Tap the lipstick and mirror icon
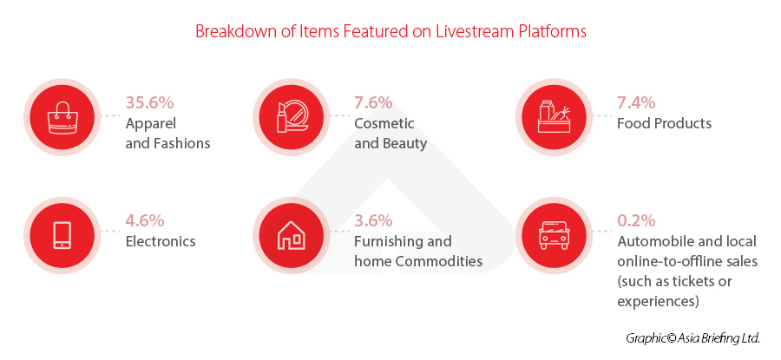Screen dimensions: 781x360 [x=292, y=116]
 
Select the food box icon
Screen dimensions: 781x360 [x=555, y=116]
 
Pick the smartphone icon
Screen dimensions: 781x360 [x=62, y=234]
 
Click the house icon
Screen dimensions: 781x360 [x=292, y=234]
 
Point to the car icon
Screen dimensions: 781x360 [x=555, y=234]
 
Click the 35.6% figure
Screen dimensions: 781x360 [x=149, y=102]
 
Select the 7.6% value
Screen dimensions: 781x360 [x=373, y=102]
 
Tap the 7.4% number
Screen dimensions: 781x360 [x=636, y=102]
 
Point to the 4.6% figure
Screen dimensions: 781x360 [x=145, y=220]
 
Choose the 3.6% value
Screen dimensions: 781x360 [x=373, y=220]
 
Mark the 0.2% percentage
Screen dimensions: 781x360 [x=636, y=220]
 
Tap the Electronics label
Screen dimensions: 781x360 [x=161, y=241]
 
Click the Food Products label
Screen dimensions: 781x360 [x=665, y=123]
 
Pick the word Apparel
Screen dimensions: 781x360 [x=151, y=124]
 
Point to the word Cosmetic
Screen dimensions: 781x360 [x=384, y=123]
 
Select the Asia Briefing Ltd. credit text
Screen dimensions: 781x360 [x=692, y=338]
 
